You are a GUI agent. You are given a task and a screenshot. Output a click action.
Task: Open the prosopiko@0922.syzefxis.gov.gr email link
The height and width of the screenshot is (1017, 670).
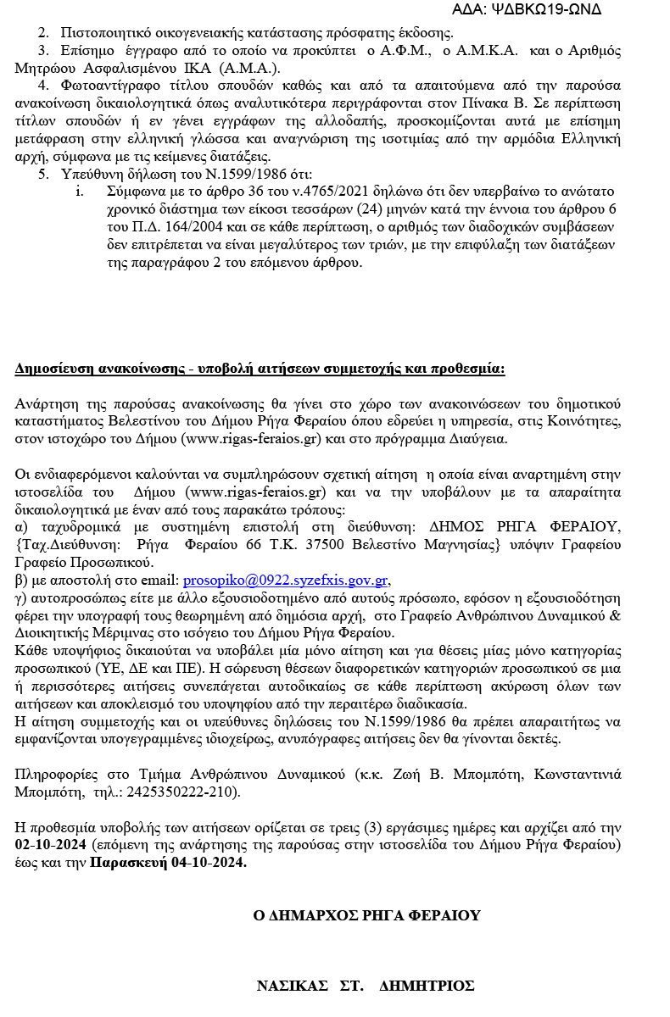tap(286, 581)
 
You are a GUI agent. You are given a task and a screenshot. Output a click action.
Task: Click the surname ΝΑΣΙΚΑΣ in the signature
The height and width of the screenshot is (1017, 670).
tap(292, 986)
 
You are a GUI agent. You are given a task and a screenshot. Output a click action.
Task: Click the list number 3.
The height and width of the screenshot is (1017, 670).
tap(43, 51)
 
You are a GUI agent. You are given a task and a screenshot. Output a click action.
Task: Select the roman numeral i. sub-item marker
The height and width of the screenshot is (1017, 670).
tap(80, 191)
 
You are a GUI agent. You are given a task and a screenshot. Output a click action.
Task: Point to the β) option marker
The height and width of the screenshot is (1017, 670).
tap(22, 581)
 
